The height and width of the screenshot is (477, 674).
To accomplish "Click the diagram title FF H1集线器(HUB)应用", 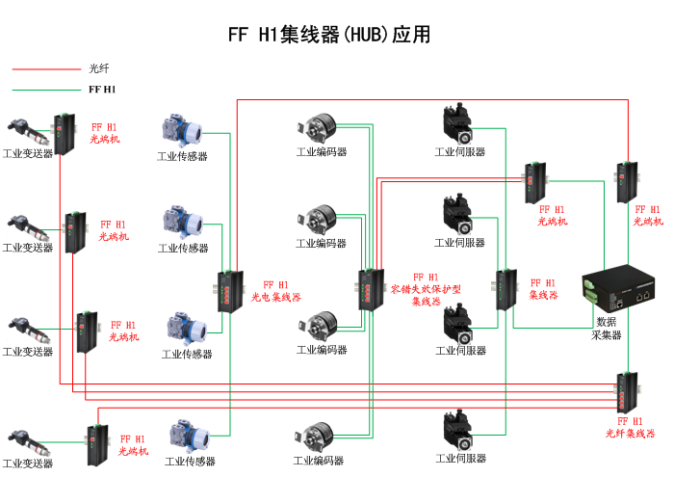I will click(x=328, y=35).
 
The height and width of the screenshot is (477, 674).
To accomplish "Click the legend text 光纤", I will click(x=99, y=68).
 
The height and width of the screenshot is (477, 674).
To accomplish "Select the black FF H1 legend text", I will click(x=101, y=90).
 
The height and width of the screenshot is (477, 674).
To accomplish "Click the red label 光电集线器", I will click(x=275, y=291).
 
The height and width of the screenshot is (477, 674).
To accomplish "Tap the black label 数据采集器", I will click(x=607, y=329).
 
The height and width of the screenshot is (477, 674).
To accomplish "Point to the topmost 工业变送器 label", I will click(x=28, y=153).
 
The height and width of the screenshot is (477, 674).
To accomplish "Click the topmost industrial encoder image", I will click(x=320, y=130).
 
